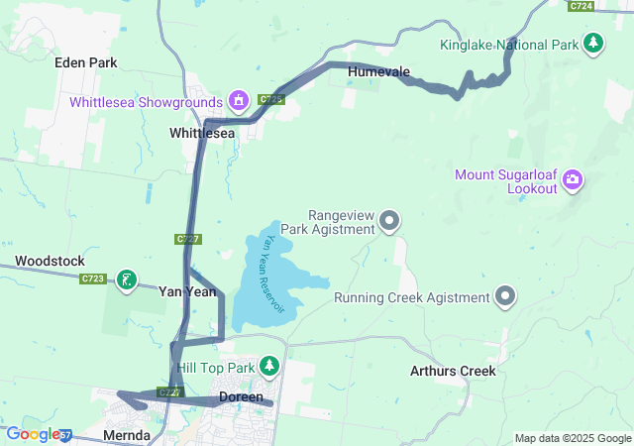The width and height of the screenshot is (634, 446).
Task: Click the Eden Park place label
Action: [86, 62]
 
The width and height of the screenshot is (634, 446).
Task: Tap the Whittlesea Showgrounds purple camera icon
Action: [238, 100]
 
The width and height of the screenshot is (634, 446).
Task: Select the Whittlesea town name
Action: [202, 133]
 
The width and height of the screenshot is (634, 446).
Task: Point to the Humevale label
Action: [377, 71]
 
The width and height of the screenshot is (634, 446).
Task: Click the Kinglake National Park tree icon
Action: [593, 43]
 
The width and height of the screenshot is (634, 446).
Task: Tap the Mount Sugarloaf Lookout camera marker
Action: [572, 179]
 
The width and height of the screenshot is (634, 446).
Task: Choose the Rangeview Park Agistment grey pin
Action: [389, 221]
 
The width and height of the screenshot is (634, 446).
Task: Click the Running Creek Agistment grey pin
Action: [506, 296]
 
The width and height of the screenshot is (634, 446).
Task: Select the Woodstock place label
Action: [50, 261]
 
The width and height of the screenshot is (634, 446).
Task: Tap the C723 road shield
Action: [93, 279]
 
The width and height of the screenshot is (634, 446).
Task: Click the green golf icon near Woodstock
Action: [126, 280]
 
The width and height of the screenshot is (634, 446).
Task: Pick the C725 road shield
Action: [271, 99]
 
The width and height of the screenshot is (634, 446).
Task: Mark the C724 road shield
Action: [581, 6]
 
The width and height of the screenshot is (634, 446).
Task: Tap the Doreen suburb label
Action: [241, 396]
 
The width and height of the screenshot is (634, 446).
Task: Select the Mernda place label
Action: [127, 435]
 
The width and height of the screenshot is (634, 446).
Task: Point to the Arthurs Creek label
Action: [453, 372]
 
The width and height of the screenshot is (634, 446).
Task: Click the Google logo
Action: [33, 433]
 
